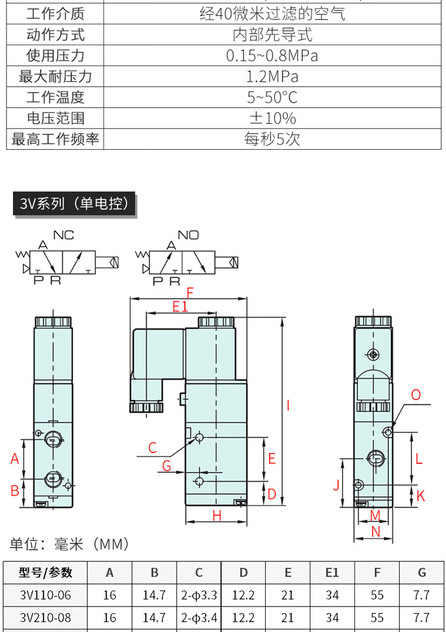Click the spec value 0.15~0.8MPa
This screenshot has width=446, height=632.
[x=272, y=56]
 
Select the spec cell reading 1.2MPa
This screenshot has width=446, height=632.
[x=272, y=77]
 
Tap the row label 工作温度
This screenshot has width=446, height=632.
[x=55, y=98]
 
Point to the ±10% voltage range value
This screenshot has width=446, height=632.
[x=272, y=118]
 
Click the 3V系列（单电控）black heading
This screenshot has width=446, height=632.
[x=74, y=204]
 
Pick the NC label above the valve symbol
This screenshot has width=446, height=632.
[x=64, y=235]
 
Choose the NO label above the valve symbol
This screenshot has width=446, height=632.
[x=189, y=235]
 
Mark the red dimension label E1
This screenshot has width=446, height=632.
[x=180, y=307]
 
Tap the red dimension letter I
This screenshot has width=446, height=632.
[x=288, y=406]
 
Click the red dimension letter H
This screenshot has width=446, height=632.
[x=217, y=515]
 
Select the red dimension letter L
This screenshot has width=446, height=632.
[x=419, y=458]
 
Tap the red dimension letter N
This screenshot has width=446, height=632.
[x=375, y=532]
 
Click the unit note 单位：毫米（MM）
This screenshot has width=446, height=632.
[x=69, y=544]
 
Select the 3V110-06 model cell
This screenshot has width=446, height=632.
[x=45, y=595]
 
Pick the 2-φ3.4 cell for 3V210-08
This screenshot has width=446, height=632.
[x=199, y=618]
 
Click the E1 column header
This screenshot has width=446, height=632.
[x=332, y=573]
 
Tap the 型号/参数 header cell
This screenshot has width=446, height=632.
[x=46, y=573]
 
